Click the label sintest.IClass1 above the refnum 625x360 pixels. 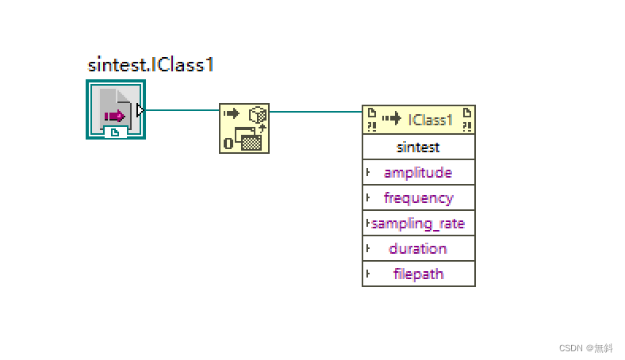[151, 65]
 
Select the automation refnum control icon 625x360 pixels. [116, 109]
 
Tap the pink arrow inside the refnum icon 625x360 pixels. [115, 117]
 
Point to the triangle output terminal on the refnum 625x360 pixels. [140, 110]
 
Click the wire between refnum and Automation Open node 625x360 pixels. [182, 110]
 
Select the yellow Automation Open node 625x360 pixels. [244, 128]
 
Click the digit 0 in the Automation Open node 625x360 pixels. [228, 143]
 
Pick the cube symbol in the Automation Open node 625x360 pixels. [258, 114]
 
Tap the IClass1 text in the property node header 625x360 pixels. [431, 120]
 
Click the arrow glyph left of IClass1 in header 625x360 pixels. [392, 119]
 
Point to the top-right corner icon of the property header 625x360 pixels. [467, 119]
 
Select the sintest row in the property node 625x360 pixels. [418, 147]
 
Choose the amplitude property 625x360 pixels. [418, 173]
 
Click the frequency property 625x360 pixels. [418, 198]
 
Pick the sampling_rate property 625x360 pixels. [418, 224]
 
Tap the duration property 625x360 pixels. [418, 249]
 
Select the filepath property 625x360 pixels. [418, 274]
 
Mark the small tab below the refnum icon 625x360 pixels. [116, 132]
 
